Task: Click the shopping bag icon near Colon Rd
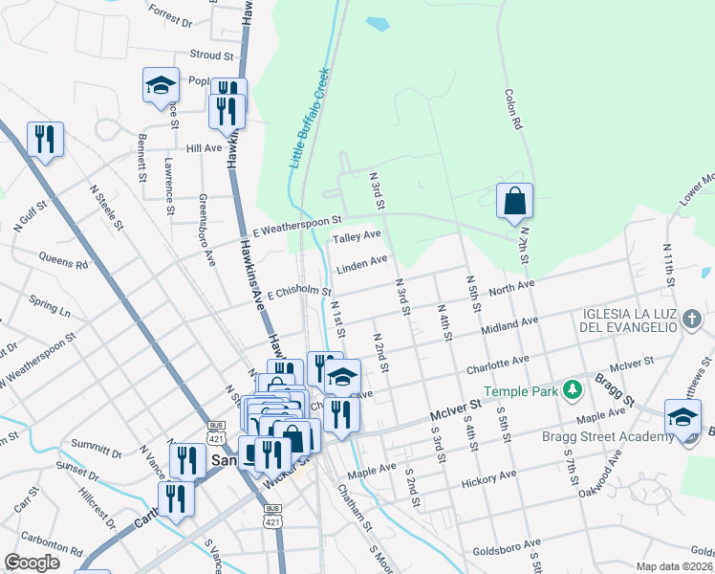tap(514, 201)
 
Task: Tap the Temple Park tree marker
tap(573, 389)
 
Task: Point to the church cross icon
tap(688, 326)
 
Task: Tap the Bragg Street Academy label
tap(617, 437)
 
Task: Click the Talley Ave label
tap(357, 235)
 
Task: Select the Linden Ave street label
tap(361, 261)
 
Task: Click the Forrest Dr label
tap(171, 15)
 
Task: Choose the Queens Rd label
tap(63, 259)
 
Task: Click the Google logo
tap(32, 563)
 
